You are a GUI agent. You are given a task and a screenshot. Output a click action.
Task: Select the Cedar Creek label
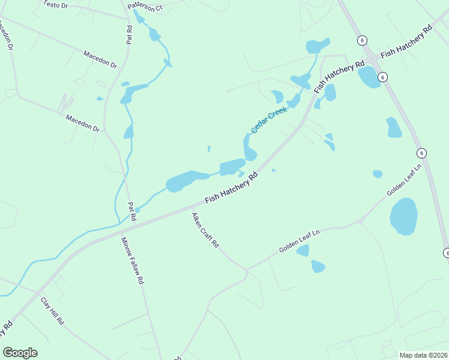pos(268,119)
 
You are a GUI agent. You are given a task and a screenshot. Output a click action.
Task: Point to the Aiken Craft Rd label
pos(205,230)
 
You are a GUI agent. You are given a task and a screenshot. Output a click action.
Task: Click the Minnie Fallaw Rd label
pos(132,260)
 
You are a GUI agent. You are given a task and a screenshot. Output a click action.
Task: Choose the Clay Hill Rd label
pos(52,311)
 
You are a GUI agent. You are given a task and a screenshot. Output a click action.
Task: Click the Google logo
pos(20,353)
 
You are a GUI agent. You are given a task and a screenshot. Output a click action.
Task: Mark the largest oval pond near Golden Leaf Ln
pos(403,216)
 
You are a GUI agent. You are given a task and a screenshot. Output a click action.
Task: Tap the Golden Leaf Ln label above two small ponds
pos(300,241)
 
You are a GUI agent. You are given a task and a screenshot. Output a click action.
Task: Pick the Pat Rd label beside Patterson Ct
pos(129,34)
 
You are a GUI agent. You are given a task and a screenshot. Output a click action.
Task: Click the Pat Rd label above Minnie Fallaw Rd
pos(132,212)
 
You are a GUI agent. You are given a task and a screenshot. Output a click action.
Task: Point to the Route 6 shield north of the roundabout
pos(361,40)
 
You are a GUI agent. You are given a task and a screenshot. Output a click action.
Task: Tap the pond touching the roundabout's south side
pos(368,77)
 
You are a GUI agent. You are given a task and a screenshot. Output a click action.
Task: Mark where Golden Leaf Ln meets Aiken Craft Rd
pos(246,271)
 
